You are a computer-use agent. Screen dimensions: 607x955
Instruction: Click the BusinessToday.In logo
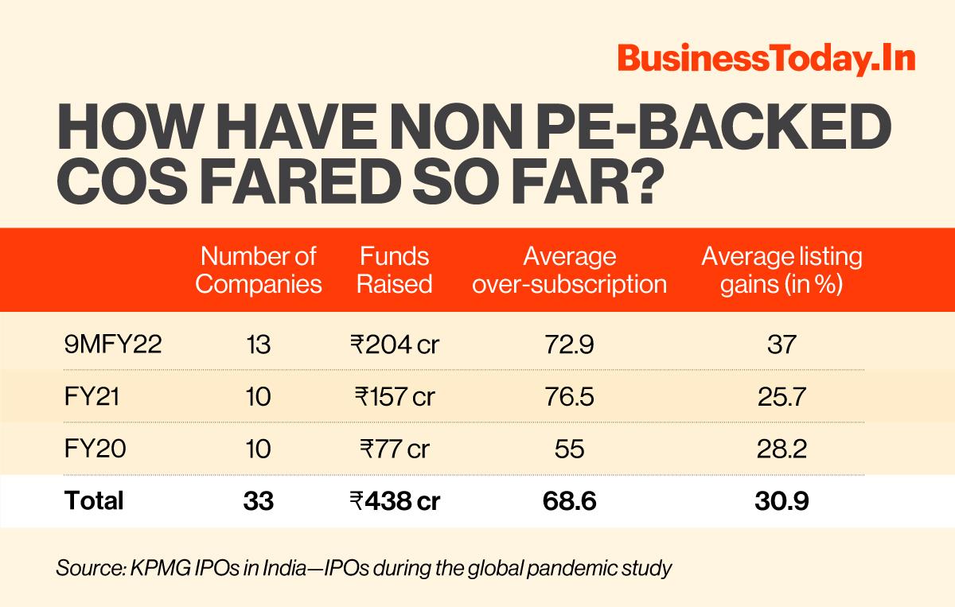click(x=765, y=60)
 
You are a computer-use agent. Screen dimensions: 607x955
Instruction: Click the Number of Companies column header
click(x=259, y=270)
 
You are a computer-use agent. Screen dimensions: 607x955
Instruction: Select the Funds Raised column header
click(x=394, y=270)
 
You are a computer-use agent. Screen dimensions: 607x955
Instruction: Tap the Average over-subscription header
click(x=569, y=270)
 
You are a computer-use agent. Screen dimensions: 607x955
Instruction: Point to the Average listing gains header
click(x=782, y=270)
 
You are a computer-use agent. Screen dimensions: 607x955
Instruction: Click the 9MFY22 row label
click(x=114, y=344)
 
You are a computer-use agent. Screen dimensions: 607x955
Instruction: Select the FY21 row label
click(x=92, y=397)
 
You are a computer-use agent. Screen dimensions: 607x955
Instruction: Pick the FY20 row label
click(x=92, y=449)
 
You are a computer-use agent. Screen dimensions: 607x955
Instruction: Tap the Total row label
click(x=94, y=500)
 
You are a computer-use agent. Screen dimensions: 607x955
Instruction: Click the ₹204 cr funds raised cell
click(x=395, y=344)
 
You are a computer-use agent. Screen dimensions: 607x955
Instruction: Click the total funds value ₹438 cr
click(x=395, y=500)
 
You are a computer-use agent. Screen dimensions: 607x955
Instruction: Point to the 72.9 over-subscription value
click(x=571, y=344)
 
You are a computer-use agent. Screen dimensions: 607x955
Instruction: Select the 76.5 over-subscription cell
click(x=571, y=397)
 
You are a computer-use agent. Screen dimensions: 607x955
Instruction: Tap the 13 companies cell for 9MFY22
click(x=259, y=344)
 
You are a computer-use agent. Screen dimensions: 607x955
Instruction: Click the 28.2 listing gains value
click(x=782, y=449)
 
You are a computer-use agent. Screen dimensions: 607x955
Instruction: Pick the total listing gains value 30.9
click(x=782, y=500)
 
